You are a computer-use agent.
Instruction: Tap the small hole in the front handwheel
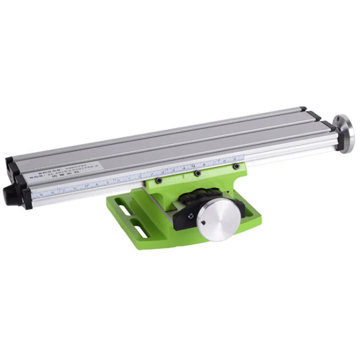[x=203, y=222]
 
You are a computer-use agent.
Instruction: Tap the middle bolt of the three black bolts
[x=197, y=173]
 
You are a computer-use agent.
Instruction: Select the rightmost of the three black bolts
[x=235, y=166]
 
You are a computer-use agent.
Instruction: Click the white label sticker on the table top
[x=65, y=170]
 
